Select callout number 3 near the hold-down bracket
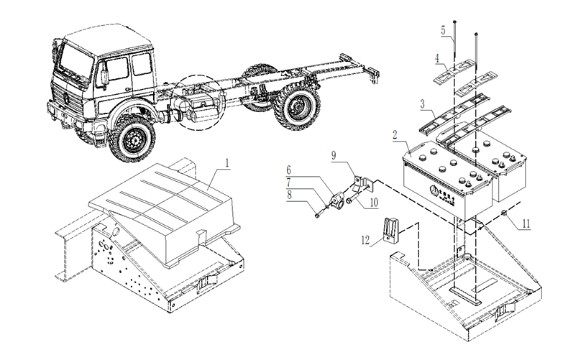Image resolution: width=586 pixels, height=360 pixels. (424, 104)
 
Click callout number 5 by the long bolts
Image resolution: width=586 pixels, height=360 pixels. (443, 30)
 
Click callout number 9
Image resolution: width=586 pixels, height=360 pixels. (334, 154)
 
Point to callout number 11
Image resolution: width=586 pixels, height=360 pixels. (526, 224)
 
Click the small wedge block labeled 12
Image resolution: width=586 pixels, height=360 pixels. (390, 229)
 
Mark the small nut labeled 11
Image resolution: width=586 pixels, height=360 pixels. (506, 216)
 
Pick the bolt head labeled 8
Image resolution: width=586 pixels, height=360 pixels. (316, 214)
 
